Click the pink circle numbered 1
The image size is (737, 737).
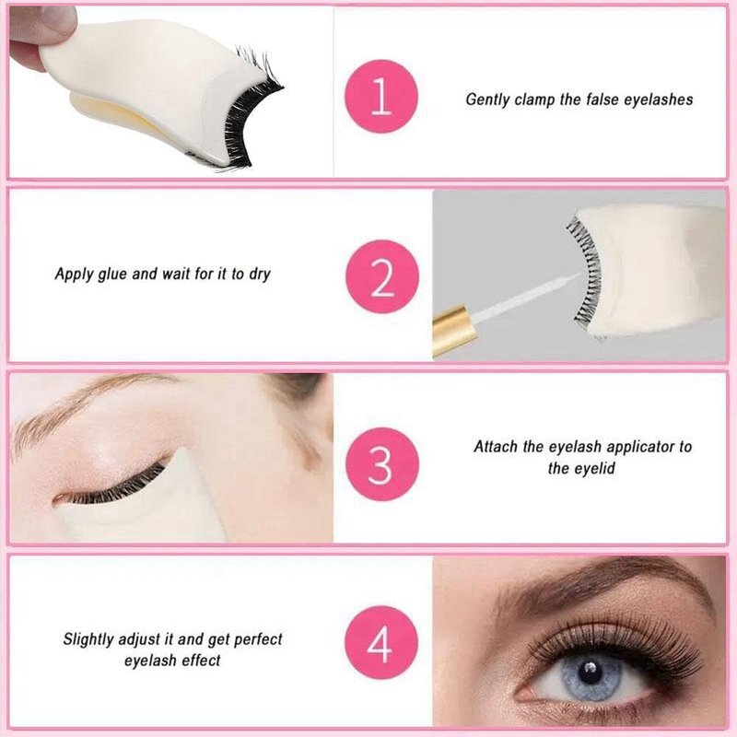[x=381, y=97]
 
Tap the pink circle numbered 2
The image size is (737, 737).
[x=382, y=276]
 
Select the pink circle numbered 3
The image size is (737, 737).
[x=382, y=464]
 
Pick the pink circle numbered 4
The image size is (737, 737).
[x=381, y=642]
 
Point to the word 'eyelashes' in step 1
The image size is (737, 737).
[x=659, y=100]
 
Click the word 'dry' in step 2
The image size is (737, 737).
[x=260, y=274]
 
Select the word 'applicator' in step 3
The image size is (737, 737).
[x=639, y=447]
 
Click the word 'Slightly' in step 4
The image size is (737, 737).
[x=88, y=639]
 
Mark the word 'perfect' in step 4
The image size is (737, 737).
[x=258, y=639]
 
